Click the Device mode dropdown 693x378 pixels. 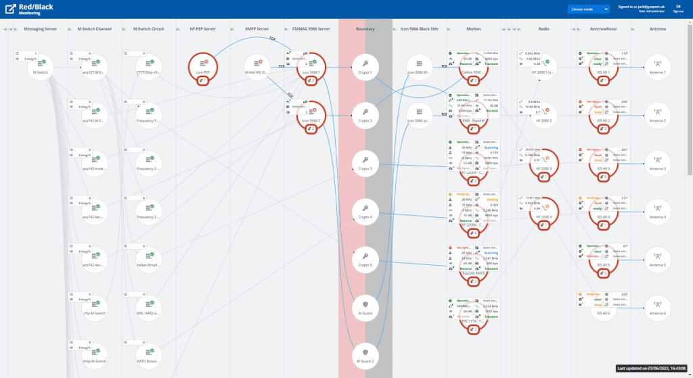[x=587, y=9]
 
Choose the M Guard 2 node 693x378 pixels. [x=365, y=355]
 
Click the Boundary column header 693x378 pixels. [x=365, y=29]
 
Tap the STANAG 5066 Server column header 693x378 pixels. [x=311, y=29]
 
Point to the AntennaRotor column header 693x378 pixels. [x=600, y=29]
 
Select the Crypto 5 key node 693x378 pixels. [x=365, y=260]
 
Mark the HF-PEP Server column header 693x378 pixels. [x=202, y=29]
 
